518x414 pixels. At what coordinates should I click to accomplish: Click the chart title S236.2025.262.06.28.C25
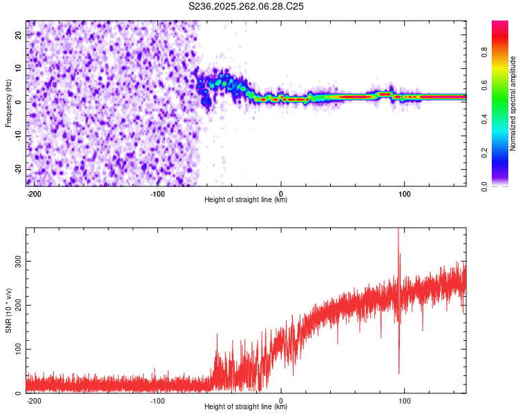pyautogui.click(x=247, y=6)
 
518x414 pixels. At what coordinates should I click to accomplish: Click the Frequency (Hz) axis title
pyautogui.click(x=8, y=103)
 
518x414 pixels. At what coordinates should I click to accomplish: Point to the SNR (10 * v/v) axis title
pyautogui.click(x=8, y=310)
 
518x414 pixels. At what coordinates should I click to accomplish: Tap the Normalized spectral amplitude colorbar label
pyautogui.click(x=512, y=103)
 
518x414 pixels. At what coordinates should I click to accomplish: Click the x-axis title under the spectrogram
pyautogui.click(x=246, y=200)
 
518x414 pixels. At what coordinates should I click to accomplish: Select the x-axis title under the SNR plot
pyautogui.click(x=246, y=407)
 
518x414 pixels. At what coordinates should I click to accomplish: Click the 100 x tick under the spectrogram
pyautogui.click(x=404, y=193)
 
